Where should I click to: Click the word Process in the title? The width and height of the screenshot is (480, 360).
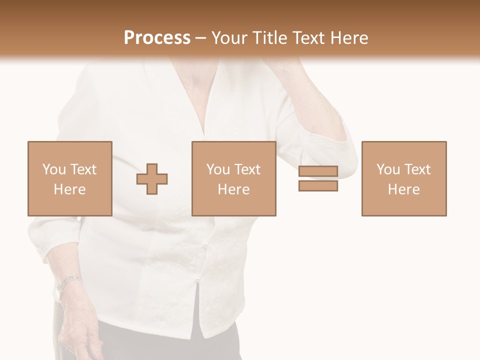click(x=157, y=38)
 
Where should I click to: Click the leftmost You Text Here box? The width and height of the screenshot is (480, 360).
click(x=70, y=178)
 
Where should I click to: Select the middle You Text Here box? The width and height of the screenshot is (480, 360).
click(x=233, y=178)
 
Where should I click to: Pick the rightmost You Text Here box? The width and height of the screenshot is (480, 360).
click(x=404, y=178)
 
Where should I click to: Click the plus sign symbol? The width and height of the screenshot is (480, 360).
click(x=152, y=178)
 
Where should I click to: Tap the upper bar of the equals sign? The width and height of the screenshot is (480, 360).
click(x=318, y=171)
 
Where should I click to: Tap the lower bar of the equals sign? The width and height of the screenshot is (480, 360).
click(x=318, y=185)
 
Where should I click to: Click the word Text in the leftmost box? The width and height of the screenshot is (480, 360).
click(x=83, y=169)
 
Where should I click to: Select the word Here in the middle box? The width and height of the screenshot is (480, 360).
click(x=233, y=189)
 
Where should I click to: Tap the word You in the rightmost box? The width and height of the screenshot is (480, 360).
click(x=388, y=169)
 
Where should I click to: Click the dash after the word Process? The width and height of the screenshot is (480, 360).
click(x=201, y=38)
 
